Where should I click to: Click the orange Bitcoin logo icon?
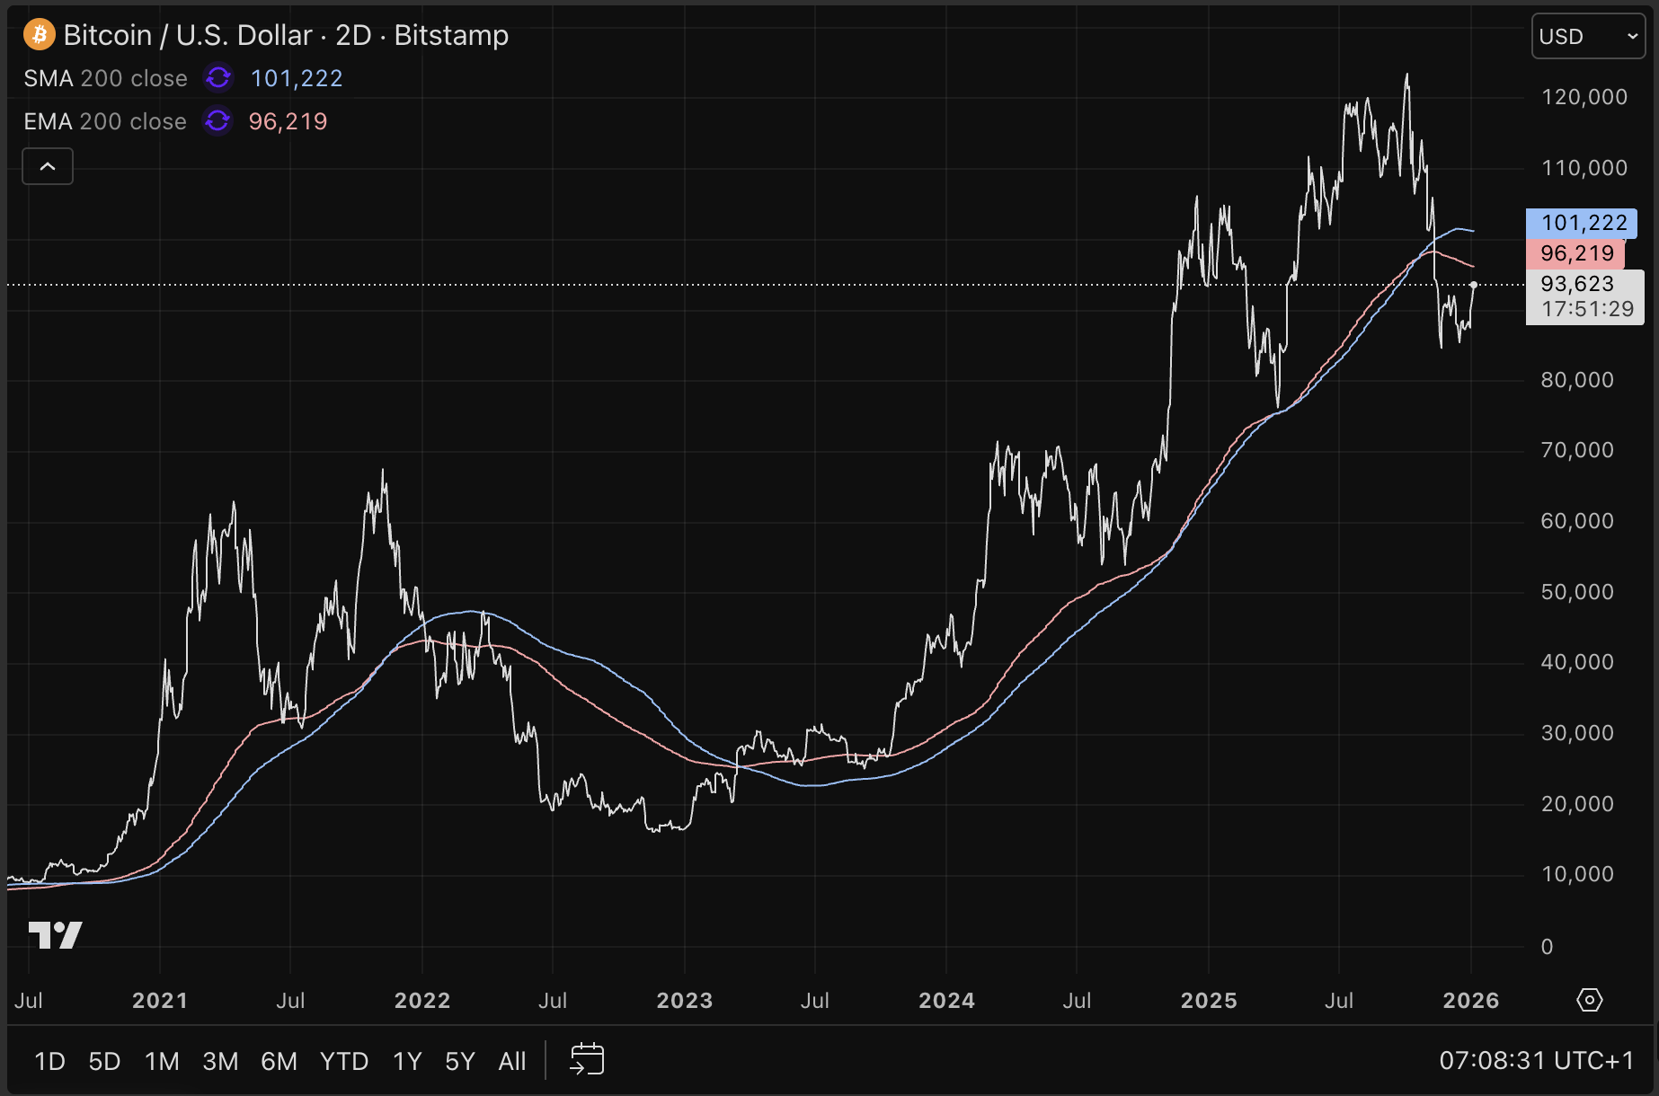tap(39, 35)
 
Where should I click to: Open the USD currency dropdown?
tap(1587, 37)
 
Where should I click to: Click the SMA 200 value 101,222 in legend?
tap(297, 79)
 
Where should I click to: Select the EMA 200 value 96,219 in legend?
tap(288, 121)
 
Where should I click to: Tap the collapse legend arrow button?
tap(48, 167)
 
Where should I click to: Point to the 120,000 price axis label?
tap(1584, 97)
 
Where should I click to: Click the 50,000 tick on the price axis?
tap(1576, 592)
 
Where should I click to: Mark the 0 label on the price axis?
tap(1547, 946)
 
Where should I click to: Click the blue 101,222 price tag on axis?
tap(1583, 223)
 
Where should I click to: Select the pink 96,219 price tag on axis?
tap(1576, 253)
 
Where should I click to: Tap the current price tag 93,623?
tap(1577, 285)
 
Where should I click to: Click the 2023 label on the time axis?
tap(684, 1001)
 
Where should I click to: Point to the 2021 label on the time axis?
tap(160, 1001)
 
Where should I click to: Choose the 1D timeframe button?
tap(49, 1062)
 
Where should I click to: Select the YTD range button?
tap(344, 1062)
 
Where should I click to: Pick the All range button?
tap(512, 1062)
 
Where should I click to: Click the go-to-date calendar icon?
tap(587, 1060)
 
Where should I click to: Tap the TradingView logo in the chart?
tap(55, 935)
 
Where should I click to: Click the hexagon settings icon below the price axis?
tap(1589, 1000)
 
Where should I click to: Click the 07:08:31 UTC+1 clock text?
tap(1536, 1061)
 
